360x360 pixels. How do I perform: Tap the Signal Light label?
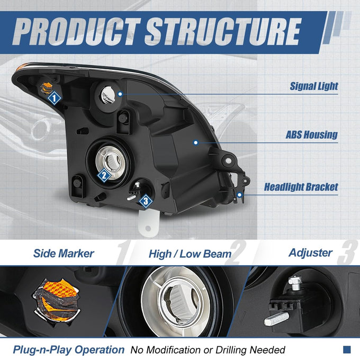pyautogui.click(x=313, y=86)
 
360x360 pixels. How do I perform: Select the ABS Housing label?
pyautogui.click(x=311, y=135)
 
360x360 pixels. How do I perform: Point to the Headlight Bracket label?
pyautogui.click(x=301, y=187)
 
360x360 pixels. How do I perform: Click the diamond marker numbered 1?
pyautogui.click(x=54, y=98)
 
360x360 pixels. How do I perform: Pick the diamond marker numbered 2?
pyautogui.click(x=104, y=175)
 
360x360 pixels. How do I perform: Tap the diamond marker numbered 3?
pyautogui.click(x=146, y=201)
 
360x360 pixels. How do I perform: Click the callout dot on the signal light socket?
pyautogui.click(x=120, y=94)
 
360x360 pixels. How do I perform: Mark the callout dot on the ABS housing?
pyautogui.click(x=195, y=142)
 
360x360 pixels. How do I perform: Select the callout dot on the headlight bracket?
pyautogui.click(x=240, y=195)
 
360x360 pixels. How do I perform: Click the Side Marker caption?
pyautogui.click(x=64, y=254)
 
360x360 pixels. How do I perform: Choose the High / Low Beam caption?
pyautogui.click(x=190, y=254)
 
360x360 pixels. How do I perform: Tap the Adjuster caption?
pyautogui.click(x=310, y=253)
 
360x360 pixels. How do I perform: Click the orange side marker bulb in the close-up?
pyautogui.click(x=57, y=300)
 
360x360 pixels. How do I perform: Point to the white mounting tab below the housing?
pyautogui.click(x=149, y=224)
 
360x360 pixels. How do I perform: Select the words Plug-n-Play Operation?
pyautogui.click(x=69, y=349)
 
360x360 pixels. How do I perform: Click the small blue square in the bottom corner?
pyautogui.click(x=347, y=349)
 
